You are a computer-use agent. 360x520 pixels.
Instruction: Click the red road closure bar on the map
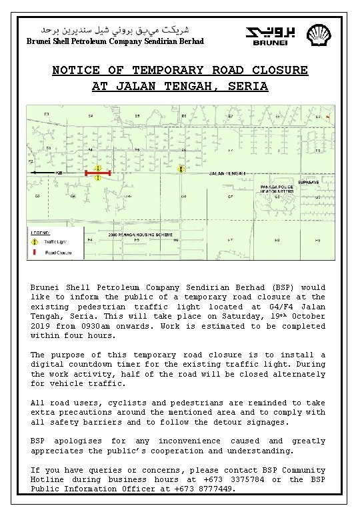(x=97, y=173)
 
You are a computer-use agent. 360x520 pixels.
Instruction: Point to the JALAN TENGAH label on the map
(x=225, y=173)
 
